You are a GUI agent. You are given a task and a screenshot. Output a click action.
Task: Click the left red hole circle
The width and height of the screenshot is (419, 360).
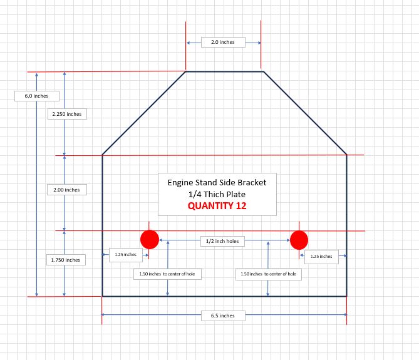[x=150, y=240]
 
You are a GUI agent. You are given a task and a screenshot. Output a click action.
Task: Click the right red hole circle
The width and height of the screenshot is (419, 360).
[x=299, y=240]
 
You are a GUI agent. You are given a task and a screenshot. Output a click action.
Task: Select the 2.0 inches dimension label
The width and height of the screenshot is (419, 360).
[x=222, y=42]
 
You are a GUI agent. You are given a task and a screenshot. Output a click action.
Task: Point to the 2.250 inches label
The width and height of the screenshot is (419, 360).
[x=66, y=114]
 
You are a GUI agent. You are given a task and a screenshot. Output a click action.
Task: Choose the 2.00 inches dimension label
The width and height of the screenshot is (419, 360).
[x=67, y=190]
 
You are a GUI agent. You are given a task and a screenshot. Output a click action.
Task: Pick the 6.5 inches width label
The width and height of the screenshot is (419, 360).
[x=222, y=316]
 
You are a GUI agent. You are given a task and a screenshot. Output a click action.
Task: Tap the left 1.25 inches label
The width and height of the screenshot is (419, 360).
[x=125, y=255]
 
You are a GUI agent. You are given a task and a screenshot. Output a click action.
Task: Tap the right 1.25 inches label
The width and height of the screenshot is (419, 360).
[x=322, y=255]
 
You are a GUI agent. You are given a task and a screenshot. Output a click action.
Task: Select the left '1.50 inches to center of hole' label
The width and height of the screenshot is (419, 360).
[x=168, y=274]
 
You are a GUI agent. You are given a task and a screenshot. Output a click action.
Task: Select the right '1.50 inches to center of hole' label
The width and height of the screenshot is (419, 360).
[x=268, y=274]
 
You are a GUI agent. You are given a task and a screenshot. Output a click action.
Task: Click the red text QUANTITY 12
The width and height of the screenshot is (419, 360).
[x=217, y=205]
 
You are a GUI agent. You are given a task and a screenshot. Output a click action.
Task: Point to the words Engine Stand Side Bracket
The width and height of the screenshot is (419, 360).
[x=217, y=182]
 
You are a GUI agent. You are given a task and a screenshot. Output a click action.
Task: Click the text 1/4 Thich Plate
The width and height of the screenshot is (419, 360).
[x=217, y=194]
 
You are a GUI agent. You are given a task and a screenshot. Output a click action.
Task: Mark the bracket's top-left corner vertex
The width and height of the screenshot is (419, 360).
[x=186, y=71]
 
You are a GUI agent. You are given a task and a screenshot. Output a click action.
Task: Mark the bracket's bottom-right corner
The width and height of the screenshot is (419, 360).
[x=346, y=296]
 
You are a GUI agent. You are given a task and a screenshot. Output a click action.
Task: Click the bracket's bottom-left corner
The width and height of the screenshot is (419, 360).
[x=102, y=296]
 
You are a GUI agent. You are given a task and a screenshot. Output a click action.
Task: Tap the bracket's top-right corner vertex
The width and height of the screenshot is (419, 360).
[x=263, y=71]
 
